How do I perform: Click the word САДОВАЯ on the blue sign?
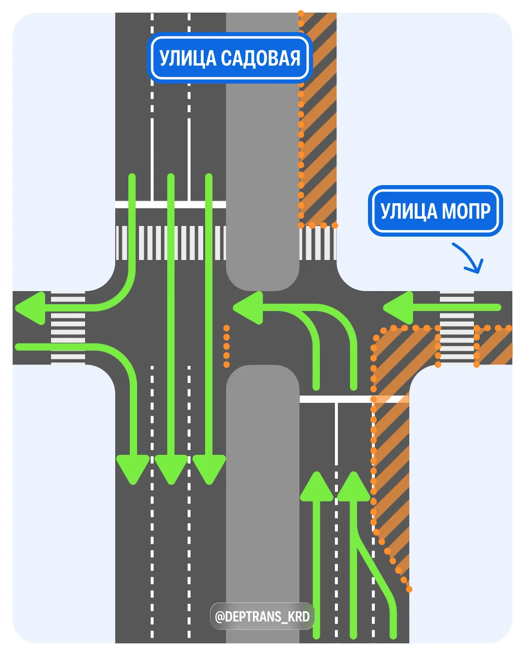[261, 58]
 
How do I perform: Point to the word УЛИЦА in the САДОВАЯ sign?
[188, 58]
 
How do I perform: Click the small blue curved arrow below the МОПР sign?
[469, 258]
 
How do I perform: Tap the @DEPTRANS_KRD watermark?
[262, 616]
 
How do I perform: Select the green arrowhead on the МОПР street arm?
[399, 308]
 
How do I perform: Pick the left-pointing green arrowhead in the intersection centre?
[248, 308]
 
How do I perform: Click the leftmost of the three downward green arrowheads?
[132, 468]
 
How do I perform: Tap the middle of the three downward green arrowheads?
[171, 468]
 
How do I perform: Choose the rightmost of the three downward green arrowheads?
[209, 468]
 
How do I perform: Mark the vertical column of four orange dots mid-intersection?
[227, 346]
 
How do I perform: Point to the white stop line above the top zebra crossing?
[171, 205]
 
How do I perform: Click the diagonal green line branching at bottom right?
[377, 573]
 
